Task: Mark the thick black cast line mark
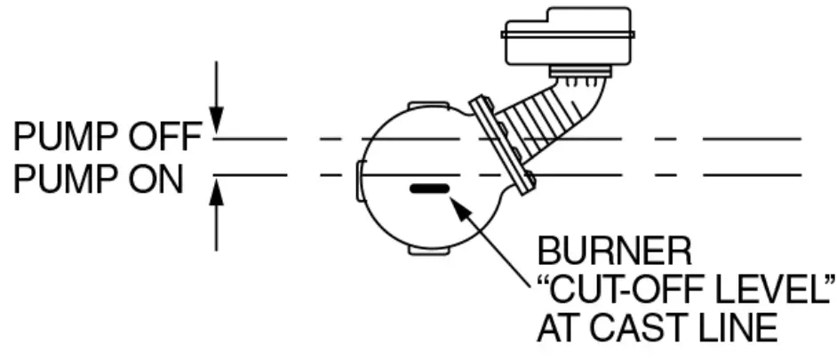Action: pos(429,188)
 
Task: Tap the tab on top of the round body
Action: pos(424,106)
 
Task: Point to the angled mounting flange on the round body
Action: pos(503,142)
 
